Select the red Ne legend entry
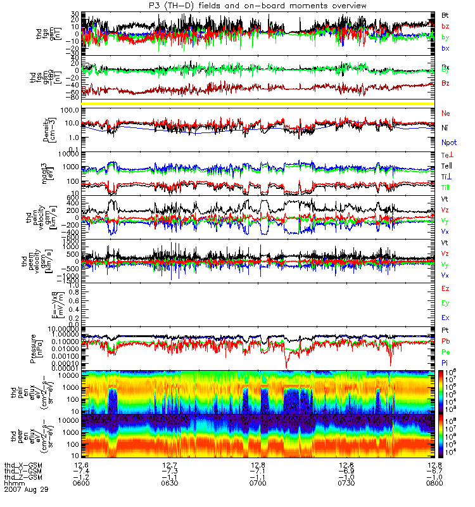446,113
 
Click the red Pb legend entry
445,342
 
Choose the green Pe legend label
445,352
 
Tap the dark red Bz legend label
445,83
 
